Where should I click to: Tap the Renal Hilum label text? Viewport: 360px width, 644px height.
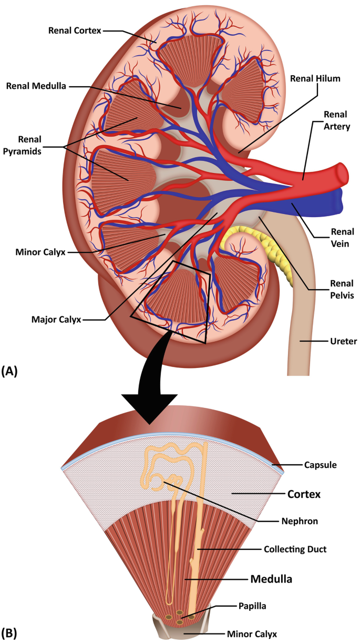coord(315,79)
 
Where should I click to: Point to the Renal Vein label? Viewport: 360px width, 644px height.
coord(342,237)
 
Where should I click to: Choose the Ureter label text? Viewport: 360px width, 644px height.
coord(345,341)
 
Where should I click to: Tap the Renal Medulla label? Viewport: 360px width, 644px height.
coord(36,86)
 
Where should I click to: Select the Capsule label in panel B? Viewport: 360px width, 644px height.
coord(320,465)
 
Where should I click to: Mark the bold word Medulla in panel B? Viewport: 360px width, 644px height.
coord(270,579)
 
